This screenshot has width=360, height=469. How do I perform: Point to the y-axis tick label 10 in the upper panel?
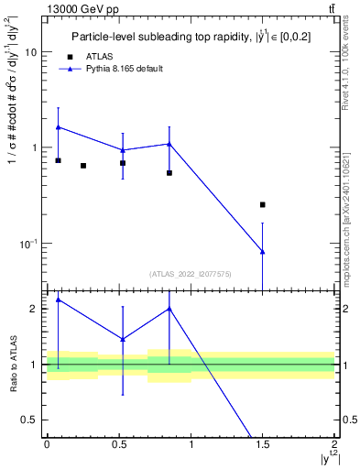[31, 52]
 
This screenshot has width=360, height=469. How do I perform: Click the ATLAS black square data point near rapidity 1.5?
[263, 204]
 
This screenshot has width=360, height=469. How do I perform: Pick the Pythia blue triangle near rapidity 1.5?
[263, 252]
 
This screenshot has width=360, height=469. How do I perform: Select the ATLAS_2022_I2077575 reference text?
[190, 273]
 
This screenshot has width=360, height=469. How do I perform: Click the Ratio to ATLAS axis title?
[14, 364]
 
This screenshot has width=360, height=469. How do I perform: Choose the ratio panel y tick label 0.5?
[29, 420]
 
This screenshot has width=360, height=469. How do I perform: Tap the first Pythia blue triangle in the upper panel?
[59, 127]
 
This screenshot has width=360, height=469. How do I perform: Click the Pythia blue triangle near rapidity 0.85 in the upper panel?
[169, 144]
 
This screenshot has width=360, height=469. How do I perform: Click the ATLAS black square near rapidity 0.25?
[83, 166]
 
